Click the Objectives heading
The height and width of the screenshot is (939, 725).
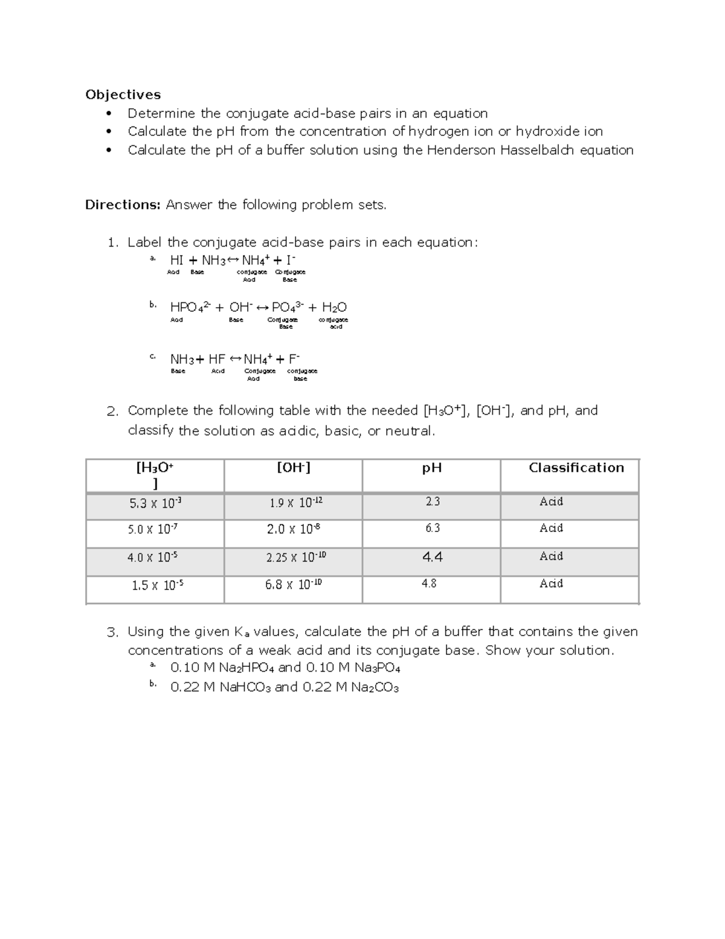click(123, 94)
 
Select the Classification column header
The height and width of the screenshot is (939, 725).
click(576, 467)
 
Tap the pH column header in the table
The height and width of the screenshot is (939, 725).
click(431, 468)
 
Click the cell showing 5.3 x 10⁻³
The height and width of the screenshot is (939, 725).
click(155, 502)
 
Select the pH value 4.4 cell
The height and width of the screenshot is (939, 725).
click(432, 557)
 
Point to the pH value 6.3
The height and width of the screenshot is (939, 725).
click(432, 528)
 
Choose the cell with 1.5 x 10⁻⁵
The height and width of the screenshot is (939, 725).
click(157, 585)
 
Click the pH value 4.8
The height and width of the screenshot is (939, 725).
click(429, 584)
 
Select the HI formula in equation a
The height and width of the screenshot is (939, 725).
click(176, 260)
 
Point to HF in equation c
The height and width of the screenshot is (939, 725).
click(216, 359)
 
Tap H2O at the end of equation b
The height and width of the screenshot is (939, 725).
click(334, 307)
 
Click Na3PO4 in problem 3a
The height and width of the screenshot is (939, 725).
click(375, 668)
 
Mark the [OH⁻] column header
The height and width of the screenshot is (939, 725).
click(293, 467)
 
